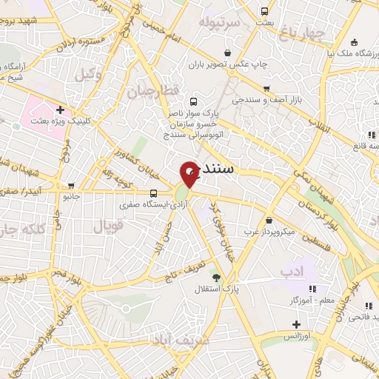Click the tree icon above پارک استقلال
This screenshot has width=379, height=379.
coord(216,278)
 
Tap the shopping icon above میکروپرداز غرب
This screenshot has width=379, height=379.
coord(268,220)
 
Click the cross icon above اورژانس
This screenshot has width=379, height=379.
coord(296,324)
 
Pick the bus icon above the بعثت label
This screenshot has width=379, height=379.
coord(265,12)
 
